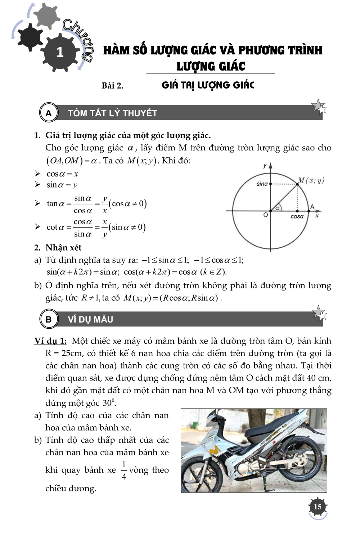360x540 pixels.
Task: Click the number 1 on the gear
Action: click(60, 53)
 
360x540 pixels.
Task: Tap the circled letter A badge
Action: click(49, 113)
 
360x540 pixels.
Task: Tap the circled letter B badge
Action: click(49, 319)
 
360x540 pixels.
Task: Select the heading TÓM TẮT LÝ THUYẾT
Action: click(113, 113)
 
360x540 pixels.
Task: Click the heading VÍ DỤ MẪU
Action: click(90, 320)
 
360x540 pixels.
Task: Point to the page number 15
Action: click(318, 507)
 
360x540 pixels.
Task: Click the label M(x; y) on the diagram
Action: click(311, 180)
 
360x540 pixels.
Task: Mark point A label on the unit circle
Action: click(312, 207)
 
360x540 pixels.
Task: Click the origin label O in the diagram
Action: click(266, 215)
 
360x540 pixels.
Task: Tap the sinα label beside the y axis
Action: click(262, 184)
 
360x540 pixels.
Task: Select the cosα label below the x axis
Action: click(297, 217)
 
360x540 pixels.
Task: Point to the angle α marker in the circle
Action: click(277, 208)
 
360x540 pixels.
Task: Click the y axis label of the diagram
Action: click(265, 166)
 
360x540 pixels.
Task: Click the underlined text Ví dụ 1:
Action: click(50, 341)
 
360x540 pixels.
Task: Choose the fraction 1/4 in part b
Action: click(124, 471)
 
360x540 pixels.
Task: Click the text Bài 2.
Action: click(112, 86)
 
